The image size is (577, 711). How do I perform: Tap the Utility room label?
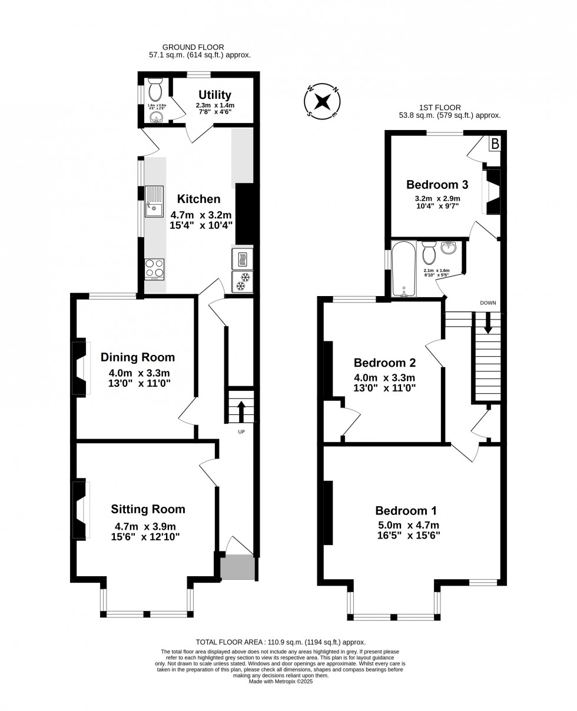click(x=214, y=95)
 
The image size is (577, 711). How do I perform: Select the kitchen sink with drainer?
click(x=154, y=201)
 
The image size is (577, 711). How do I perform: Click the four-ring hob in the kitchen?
click(x=154, y=269)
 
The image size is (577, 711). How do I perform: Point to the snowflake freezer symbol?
click(x=242, y=281)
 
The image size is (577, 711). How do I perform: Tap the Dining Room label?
click(x=137, y=357)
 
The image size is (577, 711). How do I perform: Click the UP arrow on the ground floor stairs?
click(x=241, y=410)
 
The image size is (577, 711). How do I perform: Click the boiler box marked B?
click(x=495, y=144)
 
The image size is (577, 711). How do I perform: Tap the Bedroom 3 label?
click(x=437, y=184)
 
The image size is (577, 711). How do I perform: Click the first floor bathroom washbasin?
click(x=449, y=248)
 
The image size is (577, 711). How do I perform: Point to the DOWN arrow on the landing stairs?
click(x=488, y=323)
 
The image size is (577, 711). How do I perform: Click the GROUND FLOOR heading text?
click(x=193, y=47)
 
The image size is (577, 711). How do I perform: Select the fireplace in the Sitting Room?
click(x=80, y=510)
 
